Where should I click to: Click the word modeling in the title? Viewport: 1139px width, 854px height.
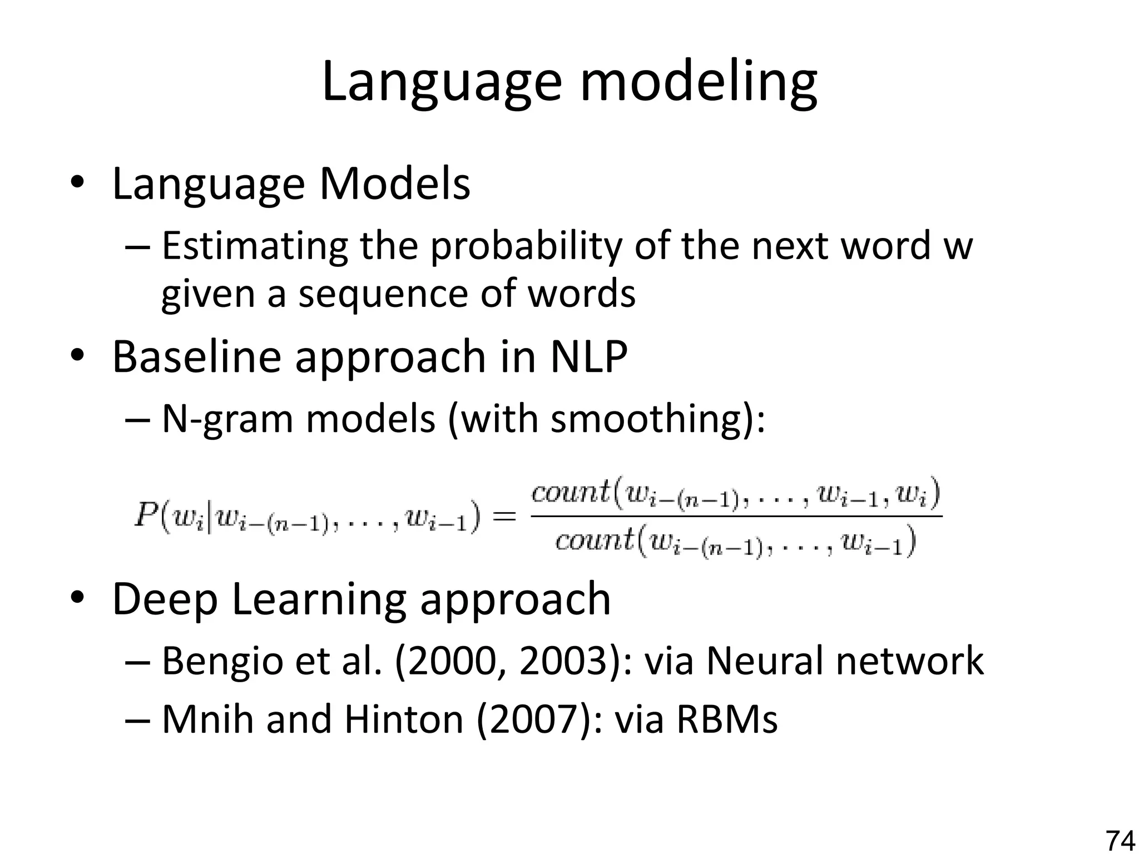pos(699,82)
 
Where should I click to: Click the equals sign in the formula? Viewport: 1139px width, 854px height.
pos(504,517)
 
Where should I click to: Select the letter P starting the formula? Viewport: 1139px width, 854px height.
pos(146,517)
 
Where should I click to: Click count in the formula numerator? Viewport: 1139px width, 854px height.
pos(570,493)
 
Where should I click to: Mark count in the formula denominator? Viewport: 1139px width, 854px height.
pos(594,540)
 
